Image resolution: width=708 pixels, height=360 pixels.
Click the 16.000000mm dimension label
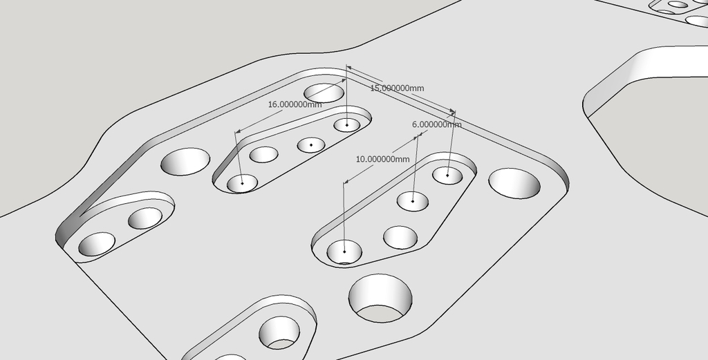point(295,104)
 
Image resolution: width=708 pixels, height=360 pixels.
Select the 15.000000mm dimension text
point(397,88)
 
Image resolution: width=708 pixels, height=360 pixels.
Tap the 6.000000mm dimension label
point(437,124)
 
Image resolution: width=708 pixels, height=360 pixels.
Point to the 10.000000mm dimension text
point(382,159)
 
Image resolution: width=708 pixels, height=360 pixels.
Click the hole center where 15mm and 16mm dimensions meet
point(347,124)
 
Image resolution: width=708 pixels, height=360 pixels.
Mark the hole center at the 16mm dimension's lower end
point(242,183)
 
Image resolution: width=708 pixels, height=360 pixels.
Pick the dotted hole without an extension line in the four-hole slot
point(311,145)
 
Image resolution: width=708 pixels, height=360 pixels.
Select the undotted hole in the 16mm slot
point(263,154)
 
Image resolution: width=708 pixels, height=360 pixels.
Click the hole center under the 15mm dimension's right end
point(447,175)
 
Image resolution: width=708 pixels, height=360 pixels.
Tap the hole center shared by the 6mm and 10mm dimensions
point(413,201)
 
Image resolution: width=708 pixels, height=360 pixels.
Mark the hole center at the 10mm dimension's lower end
point(344,252)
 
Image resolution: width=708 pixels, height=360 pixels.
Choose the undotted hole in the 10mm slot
point(400,237)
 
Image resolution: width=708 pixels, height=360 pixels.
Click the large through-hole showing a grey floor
point(380,299)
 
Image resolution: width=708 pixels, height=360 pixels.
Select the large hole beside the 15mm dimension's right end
point(514,183)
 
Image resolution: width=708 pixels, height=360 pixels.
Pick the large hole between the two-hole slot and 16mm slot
point(185,162)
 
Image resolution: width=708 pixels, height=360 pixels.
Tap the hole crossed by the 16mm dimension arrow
point(324,93)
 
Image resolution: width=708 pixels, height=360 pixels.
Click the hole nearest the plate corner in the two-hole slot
point(97,244)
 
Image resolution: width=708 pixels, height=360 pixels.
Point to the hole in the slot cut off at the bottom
point(279,333)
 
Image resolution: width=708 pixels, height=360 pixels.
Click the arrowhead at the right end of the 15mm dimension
point(452,111)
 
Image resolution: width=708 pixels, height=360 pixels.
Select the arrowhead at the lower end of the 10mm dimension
point(346,181)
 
